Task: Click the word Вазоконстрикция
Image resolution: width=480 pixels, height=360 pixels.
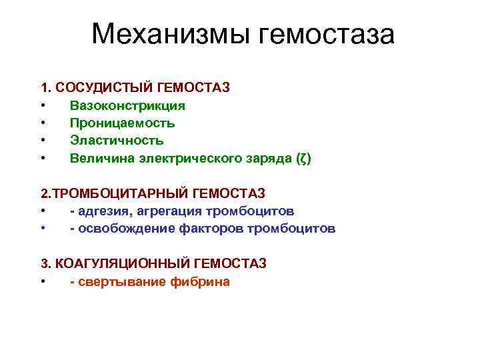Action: coord(127,105)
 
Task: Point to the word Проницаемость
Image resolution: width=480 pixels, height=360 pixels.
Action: coord(123,123)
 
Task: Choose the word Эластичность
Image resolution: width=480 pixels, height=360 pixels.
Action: coord(117,140)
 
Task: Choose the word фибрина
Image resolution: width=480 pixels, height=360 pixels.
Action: coord(199,281)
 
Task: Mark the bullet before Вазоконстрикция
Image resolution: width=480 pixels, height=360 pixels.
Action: coord(43,105)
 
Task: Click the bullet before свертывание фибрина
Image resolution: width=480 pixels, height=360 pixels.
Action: coord(43,281)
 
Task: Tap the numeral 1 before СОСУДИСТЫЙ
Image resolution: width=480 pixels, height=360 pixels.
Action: coord(44,88)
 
